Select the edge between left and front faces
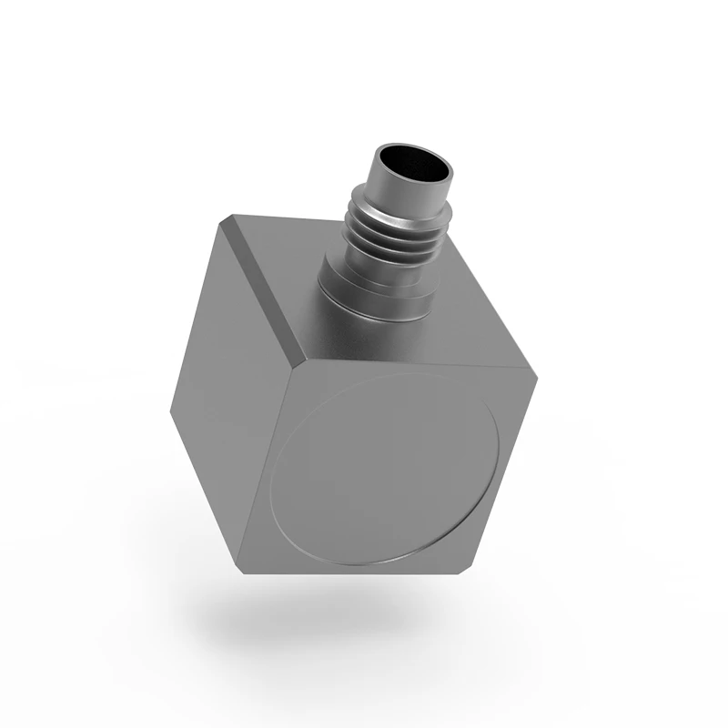268,469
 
